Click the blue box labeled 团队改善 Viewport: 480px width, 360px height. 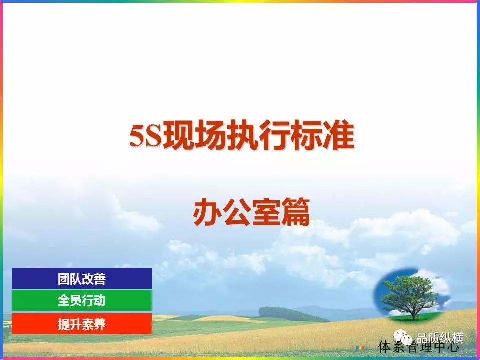point(82,278)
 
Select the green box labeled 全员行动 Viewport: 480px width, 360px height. point(82,301)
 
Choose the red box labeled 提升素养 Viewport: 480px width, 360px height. point(82,324)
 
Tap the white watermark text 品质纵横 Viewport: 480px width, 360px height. point(440,338)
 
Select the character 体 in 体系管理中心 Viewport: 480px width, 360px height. point(385,347)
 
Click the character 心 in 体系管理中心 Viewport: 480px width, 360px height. point(452,347)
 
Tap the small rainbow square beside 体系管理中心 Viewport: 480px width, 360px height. point(360,347)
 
